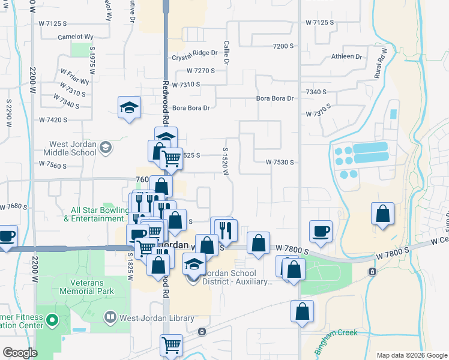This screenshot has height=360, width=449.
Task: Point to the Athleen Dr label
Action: pyautogui.click(x=347, y=57)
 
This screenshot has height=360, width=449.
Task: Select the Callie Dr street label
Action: pyautogui.click(x=227, y=53)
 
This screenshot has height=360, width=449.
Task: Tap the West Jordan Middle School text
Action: pyautogui.click(x=74, y=148)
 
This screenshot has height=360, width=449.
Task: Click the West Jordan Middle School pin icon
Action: pyautogui.click(x=106, y=148)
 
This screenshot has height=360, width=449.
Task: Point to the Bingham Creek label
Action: pyautogui.click(x=336, y=333)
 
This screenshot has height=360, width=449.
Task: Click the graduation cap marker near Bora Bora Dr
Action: pyautogui.click(x=129, y=108)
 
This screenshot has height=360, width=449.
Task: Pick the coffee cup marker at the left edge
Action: pyautogui.click(x=7, y=235)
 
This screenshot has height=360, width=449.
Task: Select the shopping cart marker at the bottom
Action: pyautogui.click(x=171, y=345)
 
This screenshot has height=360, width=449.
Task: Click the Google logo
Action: pyautogui.click(x=19, y=353)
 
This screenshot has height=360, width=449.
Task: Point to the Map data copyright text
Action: pyautogui.click(x=412, y=355)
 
